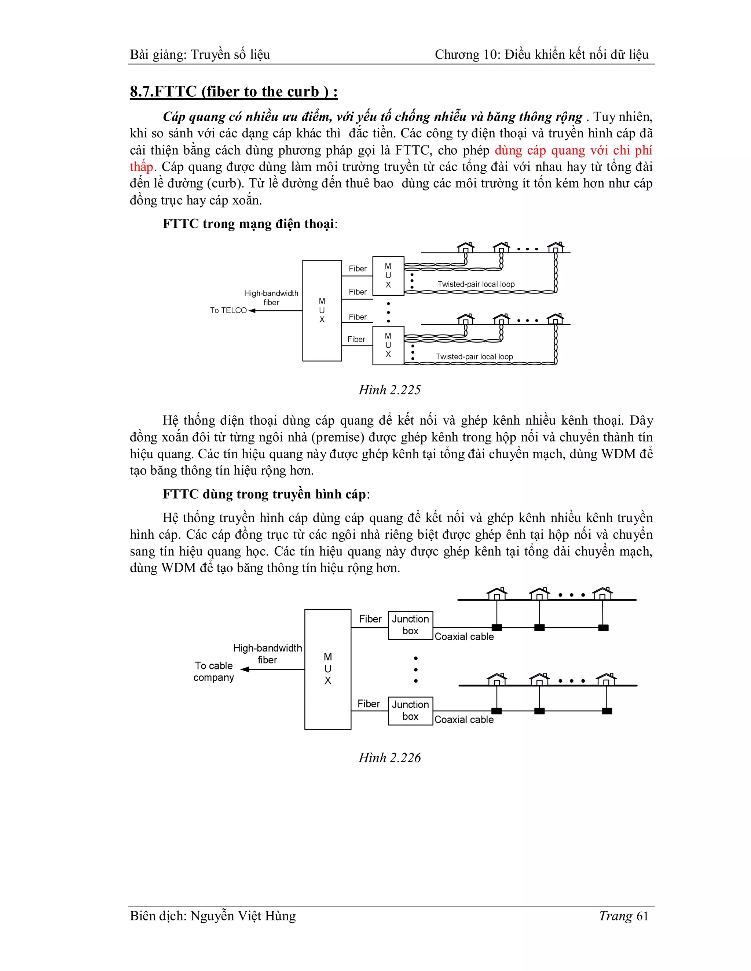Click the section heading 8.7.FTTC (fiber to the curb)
233,92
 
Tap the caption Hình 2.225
389,390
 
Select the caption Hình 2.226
389,758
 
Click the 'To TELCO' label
228,310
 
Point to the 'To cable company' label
213,671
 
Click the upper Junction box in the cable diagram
410,625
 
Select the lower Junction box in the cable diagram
410,710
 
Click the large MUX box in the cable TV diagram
327,669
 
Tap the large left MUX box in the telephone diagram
322,310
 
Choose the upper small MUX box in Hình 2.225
388,276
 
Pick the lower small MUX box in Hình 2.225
388,346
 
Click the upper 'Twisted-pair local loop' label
476,284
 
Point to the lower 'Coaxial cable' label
464,719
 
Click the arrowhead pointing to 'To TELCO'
252,310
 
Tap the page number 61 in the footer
642,916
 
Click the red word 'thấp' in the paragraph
142,167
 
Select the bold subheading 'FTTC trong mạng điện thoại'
248,224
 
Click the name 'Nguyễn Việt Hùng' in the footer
243,916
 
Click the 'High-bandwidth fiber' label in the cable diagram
267,654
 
